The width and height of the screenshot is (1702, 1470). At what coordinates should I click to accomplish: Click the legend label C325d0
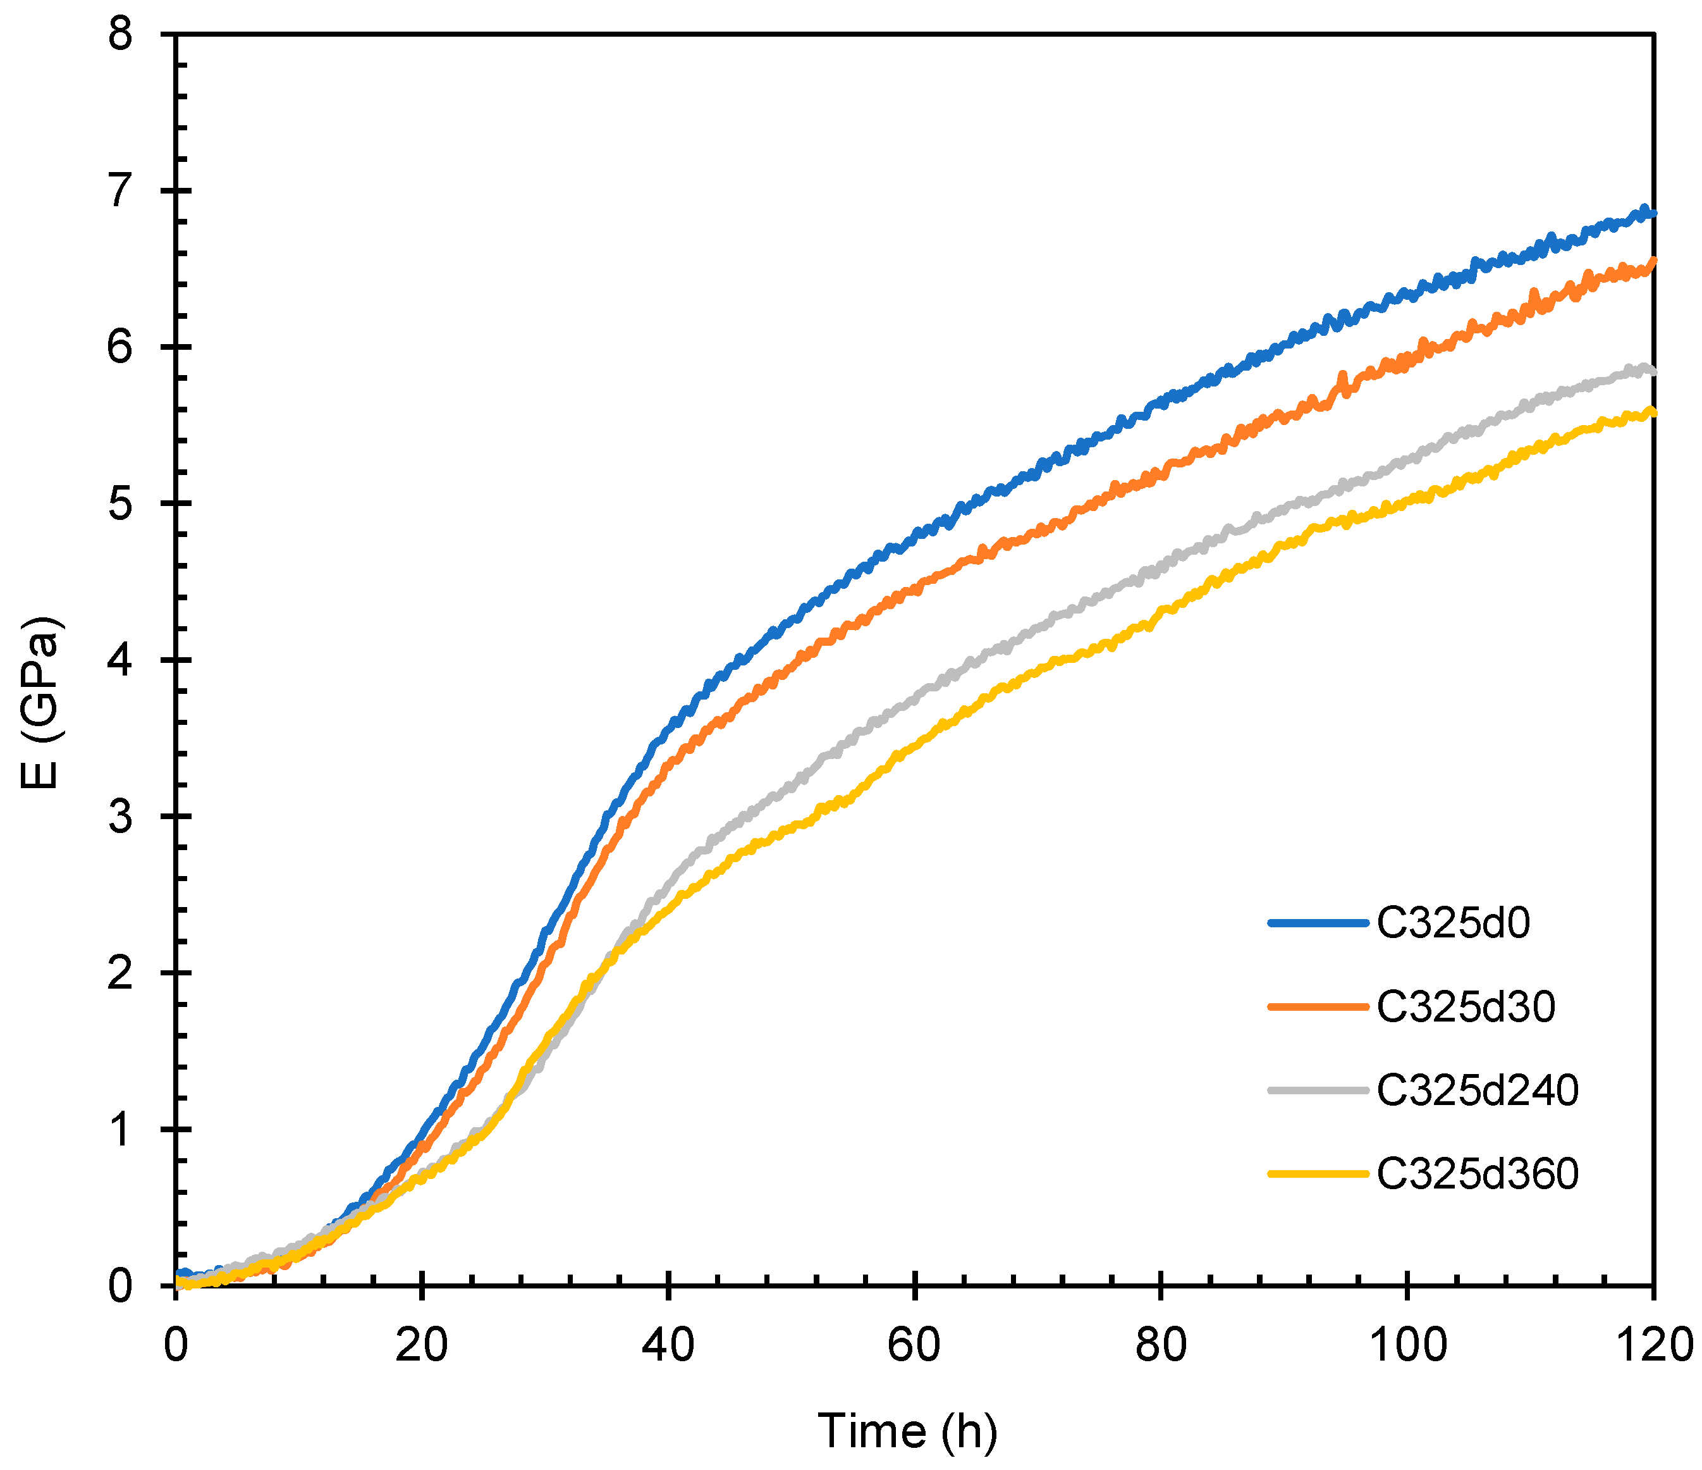[1453, 923]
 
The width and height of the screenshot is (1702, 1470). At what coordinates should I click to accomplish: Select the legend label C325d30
[1466, 1006]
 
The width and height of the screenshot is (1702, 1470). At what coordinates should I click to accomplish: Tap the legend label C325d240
[1477, 1090]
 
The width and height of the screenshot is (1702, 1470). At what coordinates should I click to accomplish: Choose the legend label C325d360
[1477, 1173]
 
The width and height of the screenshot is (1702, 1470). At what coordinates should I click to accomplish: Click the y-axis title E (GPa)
[39, 703]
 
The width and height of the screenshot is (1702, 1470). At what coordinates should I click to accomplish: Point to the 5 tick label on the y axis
[120, 503]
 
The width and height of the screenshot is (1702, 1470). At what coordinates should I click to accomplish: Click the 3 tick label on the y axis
[120, 817]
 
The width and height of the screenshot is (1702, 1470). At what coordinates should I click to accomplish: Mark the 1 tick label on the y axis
[120, 1130]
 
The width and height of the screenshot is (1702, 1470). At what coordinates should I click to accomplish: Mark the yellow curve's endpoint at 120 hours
[1652, 413]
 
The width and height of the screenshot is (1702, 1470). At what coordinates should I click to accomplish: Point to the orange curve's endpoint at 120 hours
[1652, 261]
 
